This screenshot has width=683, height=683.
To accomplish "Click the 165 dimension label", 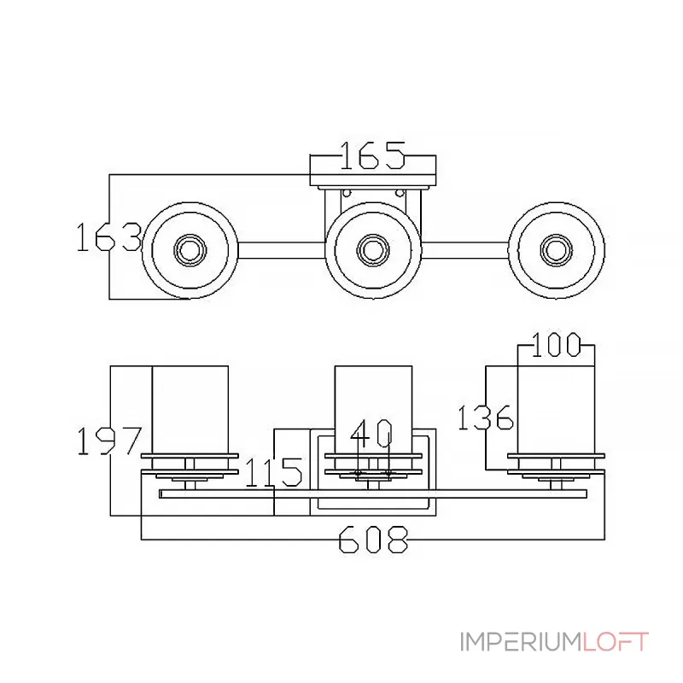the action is (372, 155).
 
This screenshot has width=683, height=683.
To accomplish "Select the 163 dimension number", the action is (109, 237).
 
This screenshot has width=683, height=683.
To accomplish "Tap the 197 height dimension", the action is (109, 441).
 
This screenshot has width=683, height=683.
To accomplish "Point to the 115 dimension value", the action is (274, 472).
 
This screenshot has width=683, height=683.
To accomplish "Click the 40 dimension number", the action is (371, 434).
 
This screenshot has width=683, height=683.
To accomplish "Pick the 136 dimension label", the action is (486, 417).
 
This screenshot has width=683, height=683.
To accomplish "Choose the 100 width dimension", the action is (557, 345).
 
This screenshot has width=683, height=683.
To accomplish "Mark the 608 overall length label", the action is (374, 540).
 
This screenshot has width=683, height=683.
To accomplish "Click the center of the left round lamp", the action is (190, 250).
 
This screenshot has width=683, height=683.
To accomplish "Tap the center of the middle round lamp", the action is (373, 250).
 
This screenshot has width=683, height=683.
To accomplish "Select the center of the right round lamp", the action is (557, 250).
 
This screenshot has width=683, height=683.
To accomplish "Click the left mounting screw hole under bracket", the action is (347, 193).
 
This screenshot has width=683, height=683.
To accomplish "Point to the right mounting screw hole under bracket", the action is (400, 193).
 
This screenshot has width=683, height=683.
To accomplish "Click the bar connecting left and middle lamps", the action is (282, 250).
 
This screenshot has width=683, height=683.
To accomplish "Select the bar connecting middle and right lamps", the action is (465, 250).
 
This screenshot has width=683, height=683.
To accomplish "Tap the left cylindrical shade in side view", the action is (190, 410).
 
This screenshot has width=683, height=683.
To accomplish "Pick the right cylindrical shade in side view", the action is (556, 410).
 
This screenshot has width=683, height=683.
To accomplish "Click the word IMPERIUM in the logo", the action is (521, 642).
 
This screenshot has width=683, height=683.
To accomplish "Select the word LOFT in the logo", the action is (616, 642).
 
